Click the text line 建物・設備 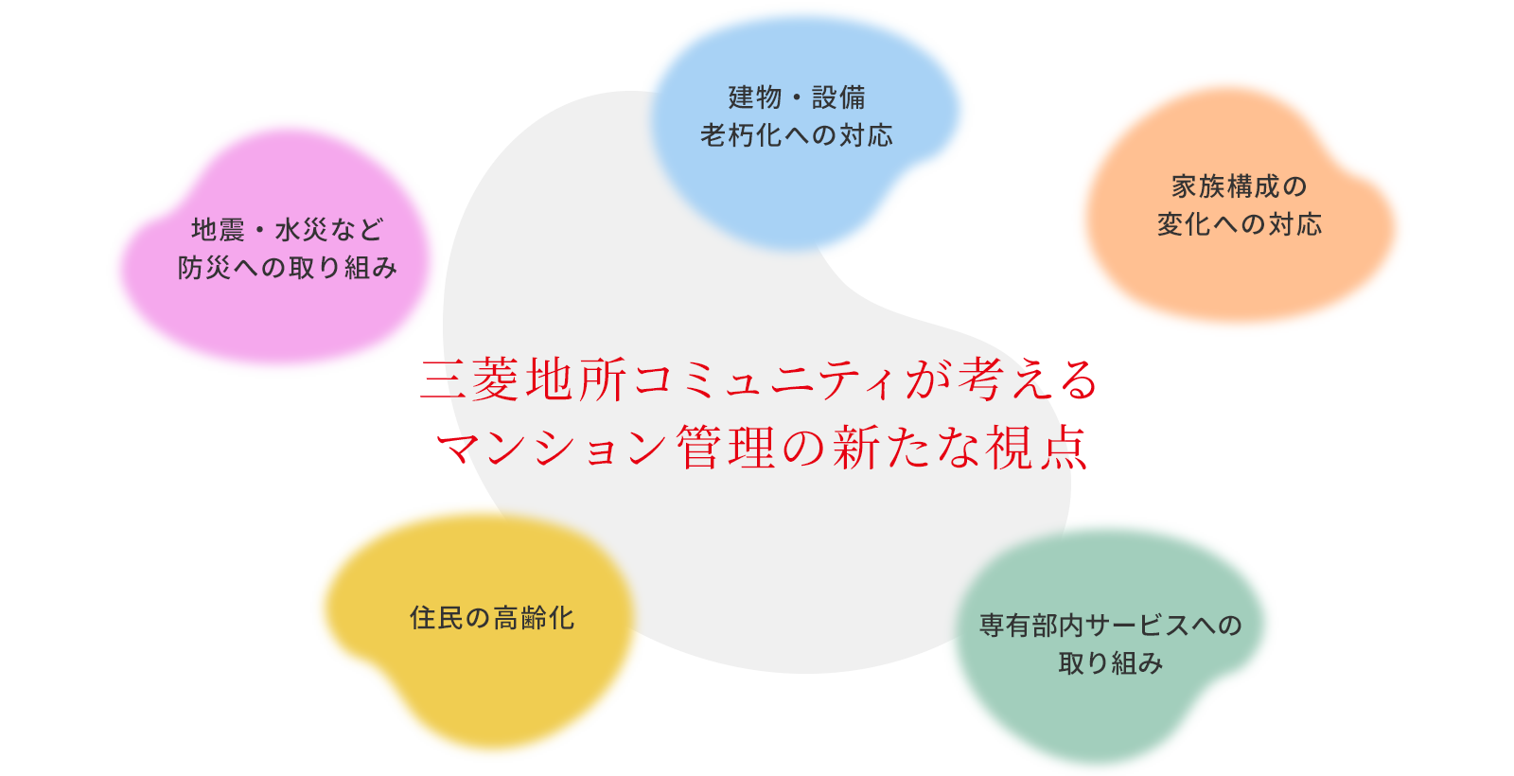(x=797, y=97)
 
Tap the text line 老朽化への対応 (x=797, y=135)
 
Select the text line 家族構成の (x=1239, y=186)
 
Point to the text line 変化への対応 (x=1239, y=224)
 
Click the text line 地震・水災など (x=288, y=230)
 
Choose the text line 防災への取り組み (x=288, y=268)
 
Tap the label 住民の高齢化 (x=492, y=618)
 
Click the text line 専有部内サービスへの (x=1110, y=626)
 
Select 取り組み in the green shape (x=1110, y=663)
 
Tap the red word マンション (x=553, y=448)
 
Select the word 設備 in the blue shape (x=838, y=97)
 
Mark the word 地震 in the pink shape (x=218, y=230)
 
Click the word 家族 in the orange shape (x=1198, y=186)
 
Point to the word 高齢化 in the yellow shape (x=534, y=618)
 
